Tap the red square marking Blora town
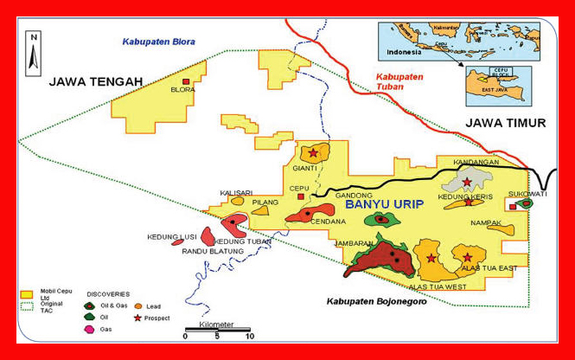coord(185,80)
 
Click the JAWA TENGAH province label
coord(95,81)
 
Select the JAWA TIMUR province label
coord(506,123)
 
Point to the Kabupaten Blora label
coord(158,42)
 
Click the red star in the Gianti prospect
coord(313,152)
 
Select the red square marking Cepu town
coord(301,196)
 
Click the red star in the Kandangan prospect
coord(467,182)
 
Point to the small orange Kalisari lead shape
coord(237,201)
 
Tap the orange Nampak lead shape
coord(501,230)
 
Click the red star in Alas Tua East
coord(468,257)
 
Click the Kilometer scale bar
coord(217,330)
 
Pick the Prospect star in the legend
coord(137,318)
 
